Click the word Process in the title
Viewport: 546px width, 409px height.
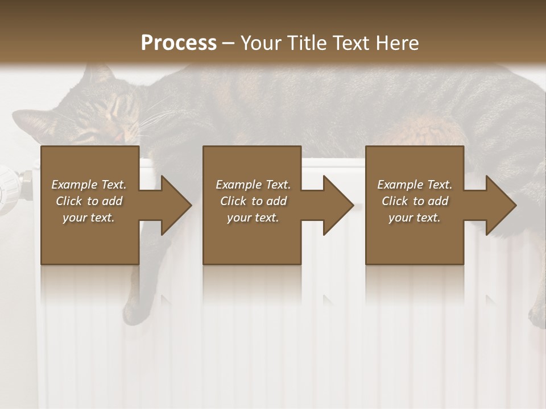click(x=179, y=43)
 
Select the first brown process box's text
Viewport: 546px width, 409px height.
click(x=89, y=201)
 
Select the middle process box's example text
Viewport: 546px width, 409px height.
click(x=253, y=201)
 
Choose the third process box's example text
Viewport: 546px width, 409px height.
click(x=415, y=201)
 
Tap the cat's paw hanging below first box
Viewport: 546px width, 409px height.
click(x=134, y=310)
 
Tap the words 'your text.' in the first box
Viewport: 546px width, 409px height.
click(x=89, y=218)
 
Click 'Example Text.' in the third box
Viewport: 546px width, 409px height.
click(x=415, y=185)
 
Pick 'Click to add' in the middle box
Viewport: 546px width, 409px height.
click(x=253, y=201)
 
